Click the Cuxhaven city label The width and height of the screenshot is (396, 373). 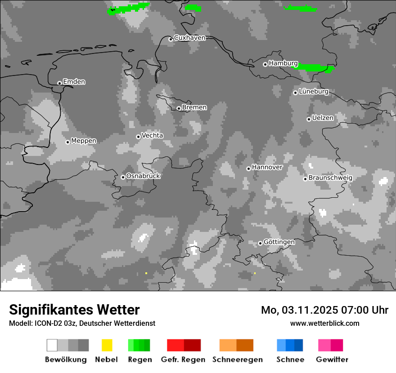[x=189, y=38]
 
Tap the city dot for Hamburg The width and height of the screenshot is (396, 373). [x=265, y=64]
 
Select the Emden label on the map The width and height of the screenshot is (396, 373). [x=74, y=82]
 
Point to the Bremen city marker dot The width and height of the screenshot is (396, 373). [x=179, y=108]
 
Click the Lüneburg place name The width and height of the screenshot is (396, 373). [x=314, y=92]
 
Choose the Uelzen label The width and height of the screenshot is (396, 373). [x=323, y=118]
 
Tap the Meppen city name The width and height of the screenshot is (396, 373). [x=84, y=141]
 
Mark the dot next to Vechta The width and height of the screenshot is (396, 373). [x=138, y=137]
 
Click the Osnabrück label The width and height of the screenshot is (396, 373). [x=143, y=176]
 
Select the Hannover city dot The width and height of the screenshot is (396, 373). [x=248, y=169]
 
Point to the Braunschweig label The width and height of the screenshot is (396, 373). [x=330, y=178]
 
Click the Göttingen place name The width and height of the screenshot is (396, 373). [x=279, y=242]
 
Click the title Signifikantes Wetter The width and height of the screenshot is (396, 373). [x=74, y=310]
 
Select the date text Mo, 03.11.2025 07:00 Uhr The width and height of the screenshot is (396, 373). [x=324, y=310]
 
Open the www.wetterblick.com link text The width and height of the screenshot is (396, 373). [x=324, y=323]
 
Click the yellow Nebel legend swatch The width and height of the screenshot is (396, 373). [x=107, y=345]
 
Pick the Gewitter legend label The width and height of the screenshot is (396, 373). [x=332, y=360]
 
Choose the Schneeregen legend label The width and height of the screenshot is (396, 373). [x=237, y=360]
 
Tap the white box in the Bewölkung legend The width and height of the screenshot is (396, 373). [x=52, y=345]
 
